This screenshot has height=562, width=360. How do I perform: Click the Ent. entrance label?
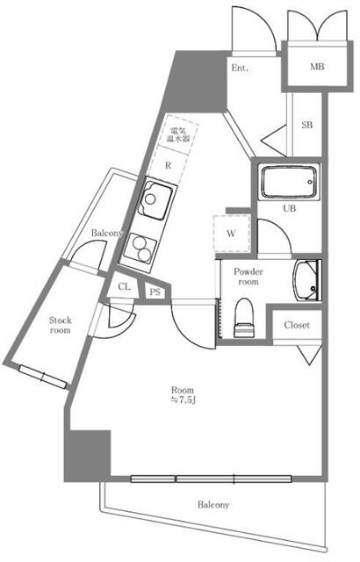[x=240, y=68]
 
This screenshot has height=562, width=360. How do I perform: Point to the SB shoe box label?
[x=307, y=126]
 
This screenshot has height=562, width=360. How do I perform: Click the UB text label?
[x=289, y=209]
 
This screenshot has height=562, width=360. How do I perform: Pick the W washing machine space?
[x=231, y=234]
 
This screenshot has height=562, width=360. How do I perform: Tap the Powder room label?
[x=248, y=277]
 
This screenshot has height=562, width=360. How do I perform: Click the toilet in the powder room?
[x=245, y=317]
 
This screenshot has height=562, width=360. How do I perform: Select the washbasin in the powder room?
[x=307, y=280]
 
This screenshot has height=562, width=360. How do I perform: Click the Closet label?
[x=297, y=325]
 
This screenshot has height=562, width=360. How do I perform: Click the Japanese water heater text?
[x=179, y=135]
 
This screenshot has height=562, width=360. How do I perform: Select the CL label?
[x=125, y=287]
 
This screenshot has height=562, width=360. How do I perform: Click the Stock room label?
[x=59, y=325]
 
